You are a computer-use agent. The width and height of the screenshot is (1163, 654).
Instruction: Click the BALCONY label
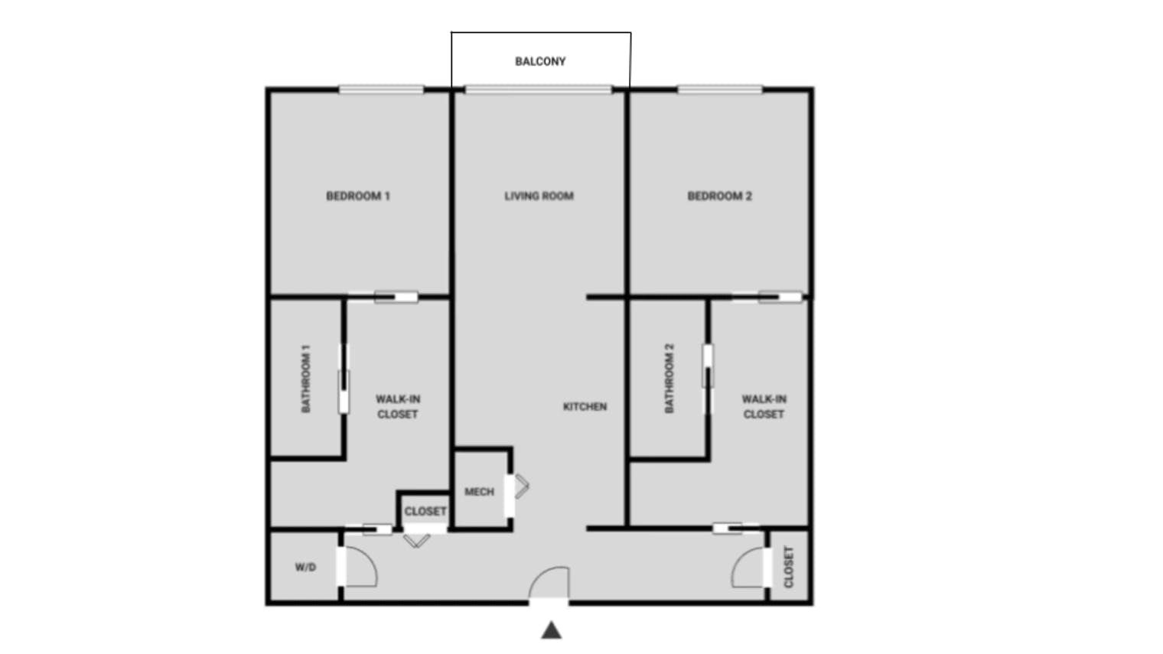pos(540,61)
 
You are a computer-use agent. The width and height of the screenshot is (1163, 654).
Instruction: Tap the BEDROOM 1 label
pos(358,196)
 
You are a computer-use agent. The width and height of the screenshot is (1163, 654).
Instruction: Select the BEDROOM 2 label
pos(719,196)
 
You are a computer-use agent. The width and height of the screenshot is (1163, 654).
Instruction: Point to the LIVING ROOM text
pos(539,196)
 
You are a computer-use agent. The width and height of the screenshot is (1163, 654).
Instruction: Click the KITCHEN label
pos(585,406)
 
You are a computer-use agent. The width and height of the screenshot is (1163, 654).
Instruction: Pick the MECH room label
pos(479,492)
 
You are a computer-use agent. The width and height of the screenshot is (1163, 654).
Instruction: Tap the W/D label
pos(305,568)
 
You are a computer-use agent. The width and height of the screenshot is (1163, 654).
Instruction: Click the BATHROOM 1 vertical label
pos(306,379)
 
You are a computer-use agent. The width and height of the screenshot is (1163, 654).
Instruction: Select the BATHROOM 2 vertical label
pos(669,379)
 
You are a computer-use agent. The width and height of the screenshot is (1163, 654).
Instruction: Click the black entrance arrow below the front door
pos(552,630)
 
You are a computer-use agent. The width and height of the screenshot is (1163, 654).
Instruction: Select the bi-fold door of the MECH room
pos(521,486)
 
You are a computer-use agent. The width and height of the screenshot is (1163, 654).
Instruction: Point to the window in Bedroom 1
pos(381,89)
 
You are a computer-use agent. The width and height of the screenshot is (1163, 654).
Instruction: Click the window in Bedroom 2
pos(719,89)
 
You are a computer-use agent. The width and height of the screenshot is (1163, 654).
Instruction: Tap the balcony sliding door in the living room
pos(539,89)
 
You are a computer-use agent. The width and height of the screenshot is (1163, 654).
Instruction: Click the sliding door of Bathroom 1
pos(344,379)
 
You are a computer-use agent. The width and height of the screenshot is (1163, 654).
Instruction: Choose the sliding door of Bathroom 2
pos(709,379)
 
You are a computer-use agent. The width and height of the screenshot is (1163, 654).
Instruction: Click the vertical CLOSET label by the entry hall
pos(789,567)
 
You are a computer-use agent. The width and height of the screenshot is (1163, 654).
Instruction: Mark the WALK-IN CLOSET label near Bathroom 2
pos(764,406)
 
